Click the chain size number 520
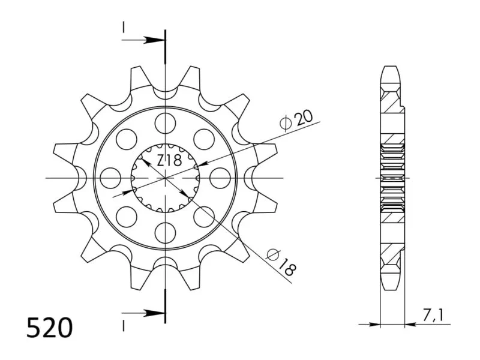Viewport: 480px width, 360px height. (x=50, y=328)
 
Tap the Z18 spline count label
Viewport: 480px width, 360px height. (x=169, y=160)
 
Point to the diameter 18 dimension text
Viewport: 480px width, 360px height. (x=281, y=262)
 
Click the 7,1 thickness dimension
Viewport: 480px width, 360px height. (x=433, y=316)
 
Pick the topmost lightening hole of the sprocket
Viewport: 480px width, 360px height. (x=166, y=123)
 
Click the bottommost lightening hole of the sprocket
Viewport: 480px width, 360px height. (x=166, y=233)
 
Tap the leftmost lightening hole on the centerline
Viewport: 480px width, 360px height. (x=110, y=178)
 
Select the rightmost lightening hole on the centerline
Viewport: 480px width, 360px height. (x=220, y=178)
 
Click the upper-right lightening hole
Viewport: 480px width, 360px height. (x=204, y=139)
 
